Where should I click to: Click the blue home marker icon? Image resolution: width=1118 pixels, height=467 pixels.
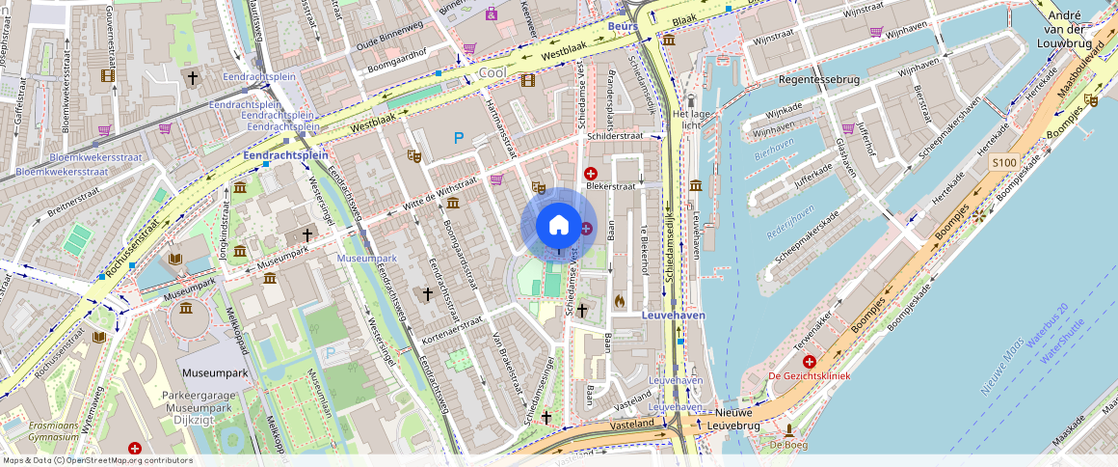click(x=558, y=226)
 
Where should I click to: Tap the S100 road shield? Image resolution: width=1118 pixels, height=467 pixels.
click(x=1004, y=163)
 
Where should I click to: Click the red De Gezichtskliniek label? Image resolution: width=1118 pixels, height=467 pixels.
click(x=809, y=375)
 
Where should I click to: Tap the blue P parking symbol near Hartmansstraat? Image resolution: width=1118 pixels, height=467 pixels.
click(x=459, y=138)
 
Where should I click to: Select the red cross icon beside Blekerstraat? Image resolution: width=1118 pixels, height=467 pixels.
click(x=591, y=173)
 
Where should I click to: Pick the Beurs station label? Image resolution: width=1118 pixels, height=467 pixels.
click(x=623, y=26)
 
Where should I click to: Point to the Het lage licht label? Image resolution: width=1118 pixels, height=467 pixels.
click(x=690, y=112)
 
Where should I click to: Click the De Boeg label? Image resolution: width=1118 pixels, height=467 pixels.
click(x=787, y=445)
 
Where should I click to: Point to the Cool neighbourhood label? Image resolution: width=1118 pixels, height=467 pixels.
click(x=492, y=73)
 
